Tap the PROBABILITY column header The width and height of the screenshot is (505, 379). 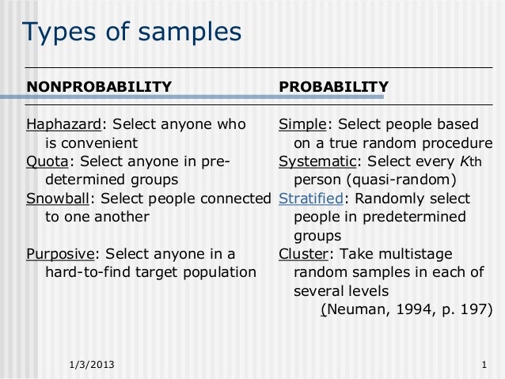pyautogui.click(x=333, y=85)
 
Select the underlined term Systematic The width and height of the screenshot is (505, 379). pyautogui.click(x=316, y=161)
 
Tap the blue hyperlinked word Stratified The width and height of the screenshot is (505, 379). pyautogui.click(x=310, y=198)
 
